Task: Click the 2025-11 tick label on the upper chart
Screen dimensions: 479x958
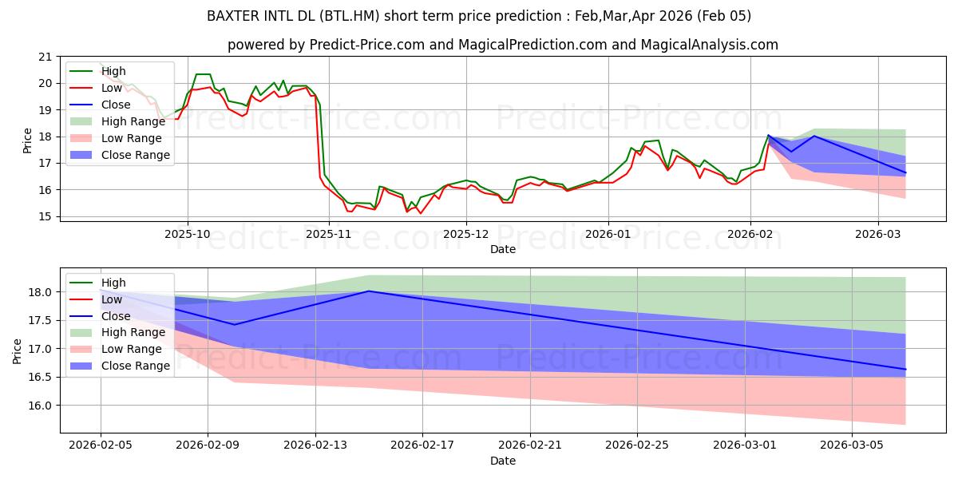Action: [x=328, y=234]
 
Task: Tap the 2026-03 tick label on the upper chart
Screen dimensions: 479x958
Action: [x=878, y=234]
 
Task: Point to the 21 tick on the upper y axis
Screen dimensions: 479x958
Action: [x=45, y=57]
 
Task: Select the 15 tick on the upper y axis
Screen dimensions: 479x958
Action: [x=45, y=216]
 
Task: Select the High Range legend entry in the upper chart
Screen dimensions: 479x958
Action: [x=133, y=121]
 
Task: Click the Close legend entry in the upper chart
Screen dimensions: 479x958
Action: [x=115, y=105]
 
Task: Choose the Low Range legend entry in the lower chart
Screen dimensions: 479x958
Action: [x=131, y=349]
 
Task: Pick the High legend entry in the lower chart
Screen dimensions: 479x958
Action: [x=113, y=283]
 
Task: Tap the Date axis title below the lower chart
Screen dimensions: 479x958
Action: [x=503, y=461]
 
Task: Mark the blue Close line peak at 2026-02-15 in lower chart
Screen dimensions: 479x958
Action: [x=369, y=291]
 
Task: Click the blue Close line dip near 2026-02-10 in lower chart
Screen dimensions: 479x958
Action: [x=234, y=324]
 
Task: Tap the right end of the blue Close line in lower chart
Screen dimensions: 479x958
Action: [x=905, y=370]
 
